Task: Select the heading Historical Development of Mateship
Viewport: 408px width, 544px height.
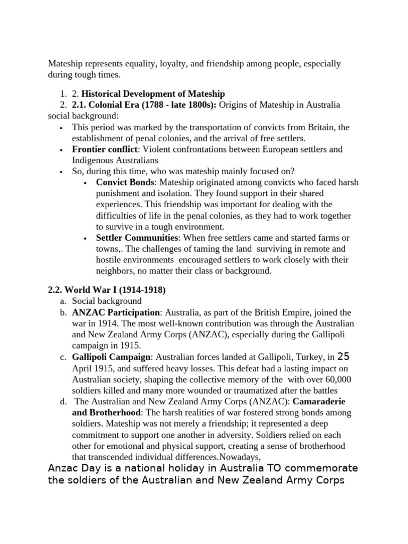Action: point(154,94)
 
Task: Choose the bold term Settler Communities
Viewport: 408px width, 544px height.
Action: point(137,237)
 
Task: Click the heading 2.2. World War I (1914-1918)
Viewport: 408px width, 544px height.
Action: point(107,290)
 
